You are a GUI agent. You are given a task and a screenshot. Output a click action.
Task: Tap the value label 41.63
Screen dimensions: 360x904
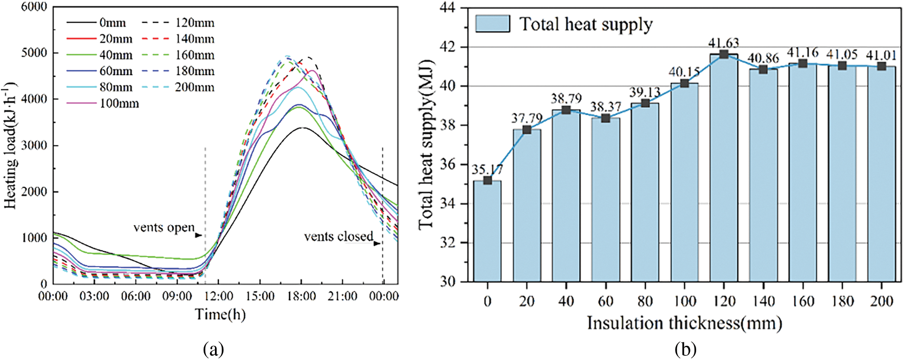pyautogui.click(x=724, y=43)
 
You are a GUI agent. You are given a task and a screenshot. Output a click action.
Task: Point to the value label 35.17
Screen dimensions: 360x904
pyautogui.click(x=487, y=169)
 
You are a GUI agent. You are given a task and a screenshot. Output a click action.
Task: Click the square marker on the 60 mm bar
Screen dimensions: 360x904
pyautogui.click(x=606, y=118)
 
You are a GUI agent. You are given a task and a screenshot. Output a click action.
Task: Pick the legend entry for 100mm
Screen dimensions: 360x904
pyautogui.click(x=119, y=103)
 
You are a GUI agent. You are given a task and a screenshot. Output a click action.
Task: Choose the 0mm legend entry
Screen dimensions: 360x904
pyautogui.click(x=112, y=23)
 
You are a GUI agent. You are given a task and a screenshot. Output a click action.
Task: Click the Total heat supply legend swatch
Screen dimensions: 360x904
pyautogui.click(x=493, y=24)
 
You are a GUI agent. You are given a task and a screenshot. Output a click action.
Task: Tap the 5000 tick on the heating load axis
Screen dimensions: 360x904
pyautogui.click(x=34, y=53)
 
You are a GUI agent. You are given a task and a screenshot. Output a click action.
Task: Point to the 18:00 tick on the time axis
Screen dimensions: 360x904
pyautogui.click(x=302, y=296)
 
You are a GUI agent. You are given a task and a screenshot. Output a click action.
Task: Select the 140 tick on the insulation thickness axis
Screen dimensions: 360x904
pyautogui.click(x=763, y=301)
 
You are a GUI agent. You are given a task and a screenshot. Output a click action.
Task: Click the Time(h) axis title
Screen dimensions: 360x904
pyautogui.click(x=221, y=314)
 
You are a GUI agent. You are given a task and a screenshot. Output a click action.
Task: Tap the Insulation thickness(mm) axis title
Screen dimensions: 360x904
pyautogui.click(x=684, y=323)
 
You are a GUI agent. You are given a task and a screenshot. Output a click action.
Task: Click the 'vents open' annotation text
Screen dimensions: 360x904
pyautogui.click(x=164, y=228)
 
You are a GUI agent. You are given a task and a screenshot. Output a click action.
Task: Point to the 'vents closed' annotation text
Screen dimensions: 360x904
pyautogui.click(x=338, y=236)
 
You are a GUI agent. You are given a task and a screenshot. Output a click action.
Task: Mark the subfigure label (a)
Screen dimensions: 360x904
pyautogui.click(x=213, y=350)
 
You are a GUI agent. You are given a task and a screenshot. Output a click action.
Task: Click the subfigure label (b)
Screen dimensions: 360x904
pyautogui.click(x=685, y=350)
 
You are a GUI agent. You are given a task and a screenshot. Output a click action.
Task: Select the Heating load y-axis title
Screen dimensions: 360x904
pyautogui.click(x=10, y=146)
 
